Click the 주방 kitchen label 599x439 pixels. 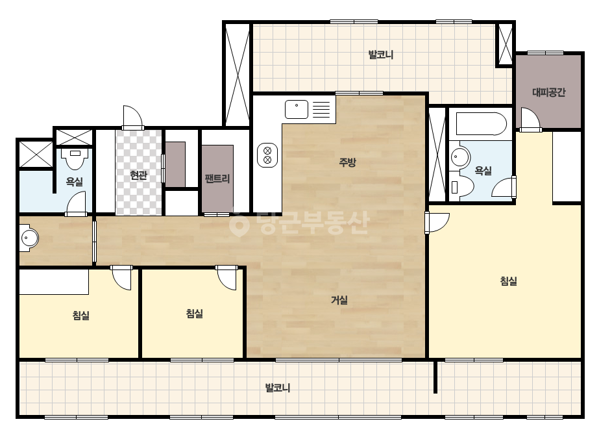tap(347, 162)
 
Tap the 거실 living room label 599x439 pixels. tap(339, 300)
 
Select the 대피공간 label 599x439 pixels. tap(548, 92)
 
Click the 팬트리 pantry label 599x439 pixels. tap(217, 179)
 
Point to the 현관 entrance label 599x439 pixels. tap(138, 175)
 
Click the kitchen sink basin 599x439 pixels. tap(297, 109)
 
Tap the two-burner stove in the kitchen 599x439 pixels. tap(267, 155)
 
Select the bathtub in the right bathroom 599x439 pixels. tap(481, 123)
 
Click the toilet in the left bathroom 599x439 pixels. tap(75, 158)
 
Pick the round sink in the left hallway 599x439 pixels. tap(29, 239)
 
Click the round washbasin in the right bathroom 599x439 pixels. tap(460, 157)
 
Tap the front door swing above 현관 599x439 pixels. tap(132, 118)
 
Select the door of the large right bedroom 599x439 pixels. tap(437, 222)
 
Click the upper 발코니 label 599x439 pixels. tap(380, 55)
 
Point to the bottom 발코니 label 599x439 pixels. tap(278, 388)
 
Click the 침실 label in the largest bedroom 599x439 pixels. tap(508, 281)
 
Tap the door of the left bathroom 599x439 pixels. tap(76, 204)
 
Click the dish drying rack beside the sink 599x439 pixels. tap(321, 109)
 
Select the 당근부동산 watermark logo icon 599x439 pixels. tap(239, 223)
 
